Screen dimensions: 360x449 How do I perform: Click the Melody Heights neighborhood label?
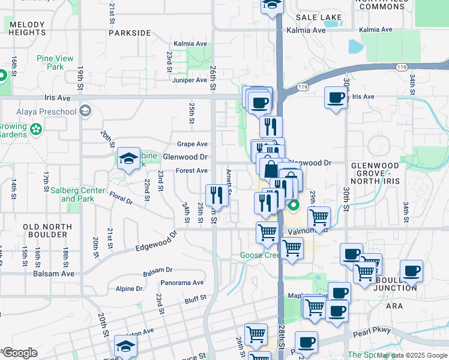pos(27,29)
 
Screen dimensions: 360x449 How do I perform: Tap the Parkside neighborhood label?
pos(130,33)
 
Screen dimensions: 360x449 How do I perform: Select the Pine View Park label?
pos(55,62)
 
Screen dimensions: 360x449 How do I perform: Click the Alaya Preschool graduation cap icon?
pos(86,111)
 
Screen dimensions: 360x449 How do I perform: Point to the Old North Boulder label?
pos(47,230)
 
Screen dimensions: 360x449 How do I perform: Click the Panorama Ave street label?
pos(182,283)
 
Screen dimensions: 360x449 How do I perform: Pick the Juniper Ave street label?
pos(189,80)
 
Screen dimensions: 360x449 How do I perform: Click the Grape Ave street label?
pos(192,144)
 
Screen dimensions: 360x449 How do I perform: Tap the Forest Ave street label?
pos(191,171)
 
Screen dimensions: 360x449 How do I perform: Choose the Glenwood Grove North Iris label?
pos(383,170)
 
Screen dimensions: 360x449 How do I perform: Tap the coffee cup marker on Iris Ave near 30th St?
pos(336,98)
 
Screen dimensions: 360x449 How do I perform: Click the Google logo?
pos(20,353)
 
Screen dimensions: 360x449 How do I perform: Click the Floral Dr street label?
pos(120,196)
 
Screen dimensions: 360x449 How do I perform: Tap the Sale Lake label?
pos(318,17)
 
